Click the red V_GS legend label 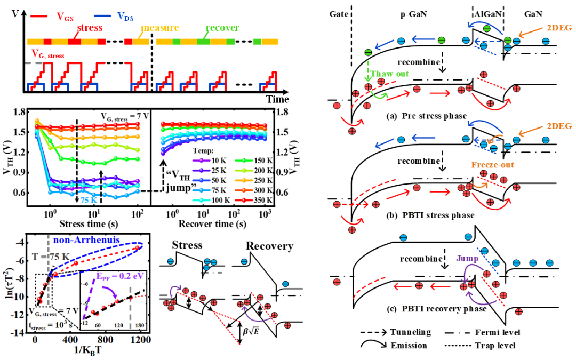tap(65, 17)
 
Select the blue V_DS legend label tap(125, 17)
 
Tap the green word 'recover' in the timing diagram tap(222, 28)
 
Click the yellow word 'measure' tap(160, 28)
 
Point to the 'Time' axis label tap(278, 99)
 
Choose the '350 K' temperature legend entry tap(263, 200)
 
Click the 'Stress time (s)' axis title tap(89, 223)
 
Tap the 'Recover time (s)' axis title tap(212, 223)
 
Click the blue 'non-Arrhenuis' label tap(87, 240)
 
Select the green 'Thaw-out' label tap(389, 74)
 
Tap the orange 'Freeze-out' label tap(493, 165)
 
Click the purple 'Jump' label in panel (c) tap(467, 258)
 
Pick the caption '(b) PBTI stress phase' tap(430, 215)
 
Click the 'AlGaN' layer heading tap(487, 14)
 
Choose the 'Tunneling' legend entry tap(410, 332)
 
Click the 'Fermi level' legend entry tap(498, 332)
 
